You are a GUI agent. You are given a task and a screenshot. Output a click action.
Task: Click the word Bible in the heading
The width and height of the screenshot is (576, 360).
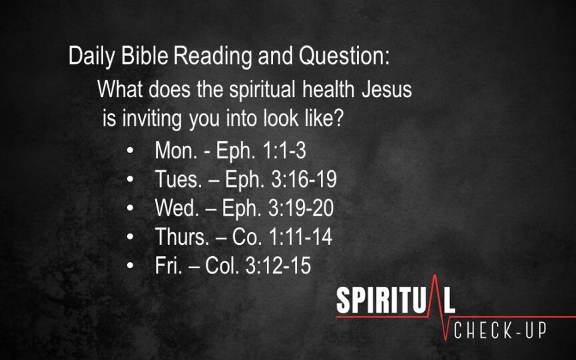click(x=144, y=56)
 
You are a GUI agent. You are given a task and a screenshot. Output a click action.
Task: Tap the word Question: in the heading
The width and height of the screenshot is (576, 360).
click(x=344, y=57)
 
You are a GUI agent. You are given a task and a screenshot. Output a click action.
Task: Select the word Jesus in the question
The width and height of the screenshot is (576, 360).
click(x=387, y=90)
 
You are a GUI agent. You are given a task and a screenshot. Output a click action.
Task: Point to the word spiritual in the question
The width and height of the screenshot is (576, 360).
click(x=262, y=90)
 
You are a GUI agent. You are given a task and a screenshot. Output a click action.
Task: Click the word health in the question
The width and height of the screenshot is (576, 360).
click(x=328, y=89)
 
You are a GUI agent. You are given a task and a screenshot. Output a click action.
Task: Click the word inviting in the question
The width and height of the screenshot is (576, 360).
click(x=152, y=119)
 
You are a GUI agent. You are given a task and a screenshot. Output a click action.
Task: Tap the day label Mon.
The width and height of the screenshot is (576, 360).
click(x=176, y=150)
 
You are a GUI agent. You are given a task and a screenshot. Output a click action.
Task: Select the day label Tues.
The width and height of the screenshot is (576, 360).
click(x=178, y=179)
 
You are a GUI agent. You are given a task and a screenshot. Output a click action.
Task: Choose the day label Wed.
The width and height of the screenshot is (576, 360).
click(x=177, y=208)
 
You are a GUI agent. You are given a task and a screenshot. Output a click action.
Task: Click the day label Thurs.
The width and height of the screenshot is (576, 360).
click(x=182, y=236)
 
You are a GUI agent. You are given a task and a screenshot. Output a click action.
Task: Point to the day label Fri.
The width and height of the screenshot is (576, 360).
click(x=168, y=265)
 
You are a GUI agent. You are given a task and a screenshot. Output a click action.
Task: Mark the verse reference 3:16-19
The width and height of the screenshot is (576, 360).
click(x=304, y=179)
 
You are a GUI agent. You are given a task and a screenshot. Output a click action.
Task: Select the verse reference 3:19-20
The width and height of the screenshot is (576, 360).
click(x=301, y=208)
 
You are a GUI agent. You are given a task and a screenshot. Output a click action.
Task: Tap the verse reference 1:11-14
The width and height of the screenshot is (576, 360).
click(x=301, y=236)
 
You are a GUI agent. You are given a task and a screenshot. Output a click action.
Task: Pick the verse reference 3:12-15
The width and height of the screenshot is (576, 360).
click(x=278, y=265)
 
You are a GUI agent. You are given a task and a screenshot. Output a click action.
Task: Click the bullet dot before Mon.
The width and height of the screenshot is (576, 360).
click(x=130, y=150)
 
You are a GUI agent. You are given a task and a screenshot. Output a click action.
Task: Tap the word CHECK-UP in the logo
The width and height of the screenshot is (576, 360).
click(x=500, y=331)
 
